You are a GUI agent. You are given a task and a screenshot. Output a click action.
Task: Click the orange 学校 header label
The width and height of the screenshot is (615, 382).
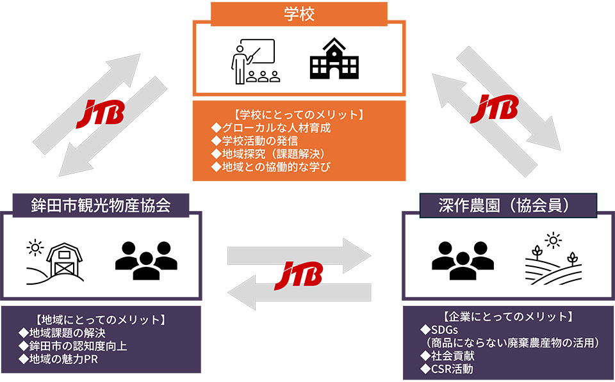(299, 13)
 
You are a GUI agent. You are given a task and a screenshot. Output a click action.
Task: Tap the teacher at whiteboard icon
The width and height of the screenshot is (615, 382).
(253, 61)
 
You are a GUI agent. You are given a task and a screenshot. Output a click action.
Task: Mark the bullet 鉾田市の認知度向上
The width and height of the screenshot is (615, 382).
(74, 346)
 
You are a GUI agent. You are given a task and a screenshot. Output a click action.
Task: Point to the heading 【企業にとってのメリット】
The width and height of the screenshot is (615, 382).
(509, 316)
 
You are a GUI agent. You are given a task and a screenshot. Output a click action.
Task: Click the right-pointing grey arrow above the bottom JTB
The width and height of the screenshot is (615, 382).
(300, 253)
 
